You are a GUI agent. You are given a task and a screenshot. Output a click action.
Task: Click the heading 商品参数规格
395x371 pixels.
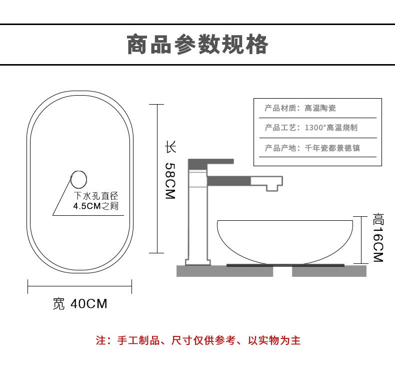[197, 45]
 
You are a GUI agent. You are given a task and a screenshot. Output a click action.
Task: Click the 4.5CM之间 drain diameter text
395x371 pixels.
[95, 206]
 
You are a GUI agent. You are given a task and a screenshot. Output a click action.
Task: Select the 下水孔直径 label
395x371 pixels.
[95, 196]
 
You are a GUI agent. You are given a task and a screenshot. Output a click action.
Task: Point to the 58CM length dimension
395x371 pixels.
[170, 181]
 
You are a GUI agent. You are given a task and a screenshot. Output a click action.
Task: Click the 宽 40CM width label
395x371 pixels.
[80, 303]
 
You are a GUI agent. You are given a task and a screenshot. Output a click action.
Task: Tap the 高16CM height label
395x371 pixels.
[377, 238]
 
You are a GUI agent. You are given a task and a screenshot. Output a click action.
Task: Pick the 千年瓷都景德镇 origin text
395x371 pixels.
[332, 148]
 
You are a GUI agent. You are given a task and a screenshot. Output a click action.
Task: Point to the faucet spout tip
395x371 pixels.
[272, 186]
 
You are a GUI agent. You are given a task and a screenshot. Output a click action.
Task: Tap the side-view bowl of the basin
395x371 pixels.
[285, 240]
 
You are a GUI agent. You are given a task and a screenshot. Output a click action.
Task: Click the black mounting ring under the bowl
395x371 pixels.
[285, 265]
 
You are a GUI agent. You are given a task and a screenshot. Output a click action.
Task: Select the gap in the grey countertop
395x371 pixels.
[282, 271]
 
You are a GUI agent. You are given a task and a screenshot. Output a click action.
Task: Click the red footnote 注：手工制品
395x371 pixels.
[197, 341]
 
